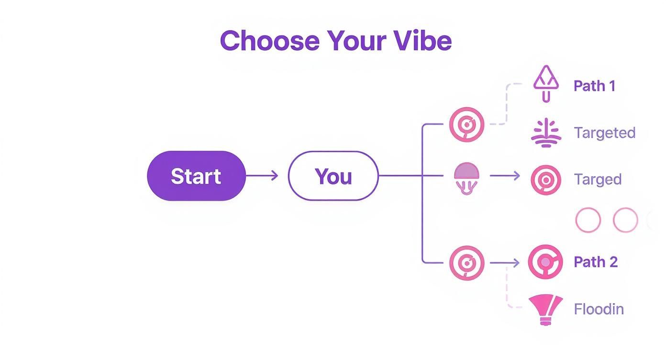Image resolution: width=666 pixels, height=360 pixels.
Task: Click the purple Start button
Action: point(196,176)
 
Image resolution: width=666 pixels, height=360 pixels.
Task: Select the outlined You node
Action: point(333,176)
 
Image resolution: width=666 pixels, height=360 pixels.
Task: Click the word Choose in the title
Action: point(270,41)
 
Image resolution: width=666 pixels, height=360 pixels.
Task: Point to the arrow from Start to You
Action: point(262,176)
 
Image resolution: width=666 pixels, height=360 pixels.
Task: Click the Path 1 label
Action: point(594,86)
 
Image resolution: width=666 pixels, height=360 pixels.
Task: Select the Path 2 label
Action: point(596,262)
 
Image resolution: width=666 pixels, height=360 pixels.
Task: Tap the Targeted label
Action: point(605,133)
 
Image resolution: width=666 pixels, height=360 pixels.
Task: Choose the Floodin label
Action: point(599,309)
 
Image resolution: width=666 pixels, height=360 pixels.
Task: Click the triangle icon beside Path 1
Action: point(546,84)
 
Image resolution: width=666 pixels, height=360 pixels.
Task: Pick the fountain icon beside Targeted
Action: point(546,133)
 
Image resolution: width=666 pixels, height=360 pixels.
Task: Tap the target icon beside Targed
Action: point(546,180)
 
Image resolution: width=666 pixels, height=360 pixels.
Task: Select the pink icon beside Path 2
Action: point(545,262)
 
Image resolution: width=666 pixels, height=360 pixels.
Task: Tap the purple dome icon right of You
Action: point(466,178)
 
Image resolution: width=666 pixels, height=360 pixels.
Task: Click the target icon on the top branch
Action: point(466,124)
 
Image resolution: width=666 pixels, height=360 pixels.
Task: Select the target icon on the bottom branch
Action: point(466,263)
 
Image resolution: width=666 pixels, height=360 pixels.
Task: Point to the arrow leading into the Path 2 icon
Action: point(505,263)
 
